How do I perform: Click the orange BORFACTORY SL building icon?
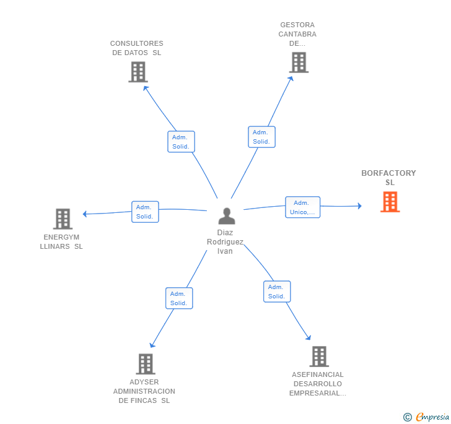click(390, 202)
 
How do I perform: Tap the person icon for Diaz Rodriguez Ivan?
click(227, 216)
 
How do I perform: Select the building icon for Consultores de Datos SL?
click(138, 72)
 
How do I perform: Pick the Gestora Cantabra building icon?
click(299, 62)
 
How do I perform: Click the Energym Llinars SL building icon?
click(63, 218)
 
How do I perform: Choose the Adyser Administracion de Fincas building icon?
click(146, 363)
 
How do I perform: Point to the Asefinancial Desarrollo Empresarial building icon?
click(318, 357)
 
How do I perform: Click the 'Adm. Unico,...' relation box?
click(302, 207)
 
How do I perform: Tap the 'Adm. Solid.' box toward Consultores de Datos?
click(181, 142)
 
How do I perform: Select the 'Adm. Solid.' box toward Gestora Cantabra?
click(261, 137)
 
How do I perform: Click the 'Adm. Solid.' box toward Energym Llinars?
click(145, 212)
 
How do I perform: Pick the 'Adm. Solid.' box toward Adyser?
click(179, 298)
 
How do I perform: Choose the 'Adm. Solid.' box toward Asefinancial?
click(276, 292)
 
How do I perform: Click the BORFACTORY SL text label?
click(389, 178)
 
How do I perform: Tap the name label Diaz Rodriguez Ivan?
click(225, 242)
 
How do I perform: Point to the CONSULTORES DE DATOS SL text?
click(136, 48)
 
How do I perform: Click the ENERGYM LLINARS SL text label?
click(62, 242)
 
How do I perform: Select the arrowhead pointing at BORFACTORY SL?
click(359, 206)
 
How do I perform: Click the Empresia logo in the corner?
click(432, 417)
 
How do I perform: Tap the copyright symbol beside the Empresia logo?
click(408, 418)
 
